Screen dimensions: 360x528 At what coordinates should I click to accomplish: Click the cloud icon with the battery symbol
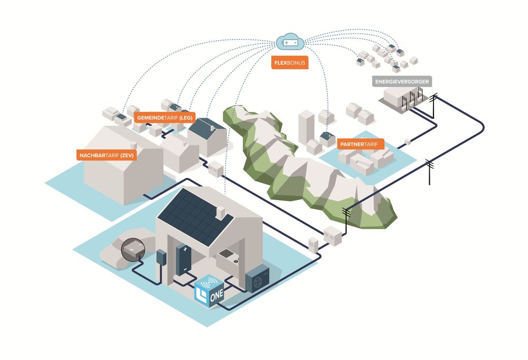(x=290, y=41)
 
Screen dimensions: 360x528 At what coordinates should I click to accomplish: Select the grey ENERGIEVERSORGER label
(x=402, y=81)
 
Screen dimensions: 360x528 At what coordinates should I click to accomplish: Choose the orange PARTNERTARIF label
(x=360, y=143)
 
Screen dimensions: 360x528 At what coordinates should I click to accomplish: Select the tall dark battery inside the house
(x=183, y=259)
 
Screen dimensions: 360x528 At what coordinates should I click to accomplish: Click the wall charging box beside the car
(x=161, y=258)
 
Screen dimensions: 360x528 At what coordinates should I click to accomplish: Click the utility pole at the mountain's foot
(x=346, y=217)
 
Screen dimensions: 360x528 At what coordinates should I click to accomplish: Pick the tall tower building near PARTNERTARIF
(x=306, y=127)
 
